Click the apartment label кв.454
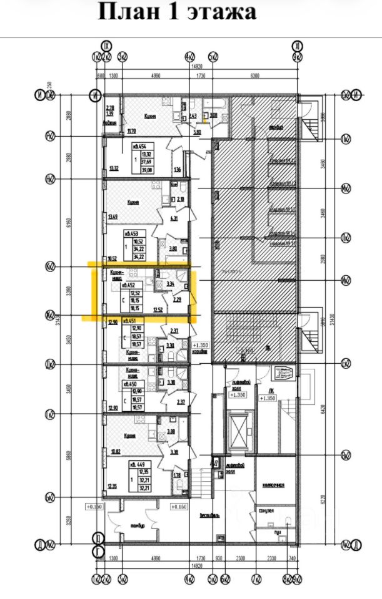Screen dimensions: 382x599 point(139,147)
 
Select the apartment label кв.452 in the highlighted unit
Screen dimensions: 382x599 point(130,285)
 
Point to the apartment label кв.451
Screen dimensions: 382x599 point(130,321)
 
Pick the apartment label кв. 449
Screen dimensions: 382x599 point(140,465)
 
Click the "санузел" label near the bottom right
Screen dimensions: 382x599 point(266,510)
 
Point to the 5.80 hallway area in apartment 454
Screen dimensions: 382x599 point(197,132)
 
